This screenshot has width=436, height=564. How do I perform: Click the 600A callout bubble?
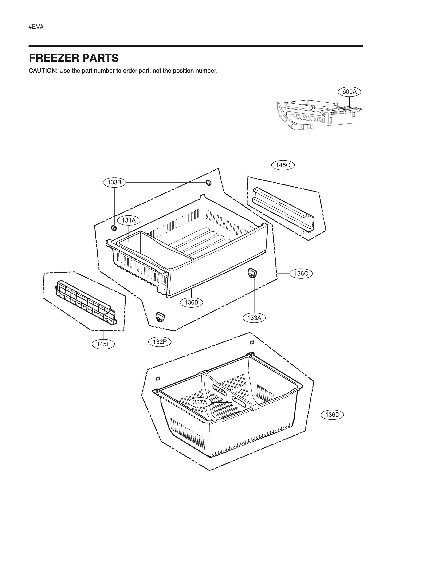pos(349,92)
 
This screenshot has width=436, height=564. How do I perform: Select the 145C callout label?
pos(283,165)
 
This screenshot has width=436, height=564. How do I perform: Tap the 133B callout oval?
pos(114,183)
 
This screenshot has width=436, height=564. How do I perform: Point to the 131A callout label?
pos(129,220)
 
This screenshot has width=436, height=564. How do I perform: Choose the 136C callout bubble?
pos(301,274)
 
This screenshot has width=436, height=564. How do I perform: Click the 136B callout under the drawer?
pos(191,302)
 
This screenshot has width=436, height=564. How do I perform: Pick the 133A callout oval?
pos(254,318)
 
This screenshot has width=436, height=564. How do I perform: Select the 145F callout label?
pos(103,344)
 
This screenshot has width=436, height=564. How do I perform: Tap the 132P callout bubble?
pos(160,342)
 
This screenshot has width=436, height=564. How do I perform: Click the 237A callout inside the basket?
pos(200,402)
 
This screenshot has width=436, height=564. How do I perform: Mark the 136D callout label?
pos(332,415)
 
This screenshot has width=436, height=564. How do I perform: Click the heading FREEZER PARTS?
pos(74,58)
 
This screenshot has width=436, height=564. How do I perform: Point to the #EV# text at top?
pos(36,27)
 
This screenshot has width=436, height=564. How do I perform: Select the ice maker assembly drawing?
pos(318,115)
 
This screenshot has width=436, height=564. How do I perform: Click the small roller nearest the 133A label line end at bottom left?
pos(160,317)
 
